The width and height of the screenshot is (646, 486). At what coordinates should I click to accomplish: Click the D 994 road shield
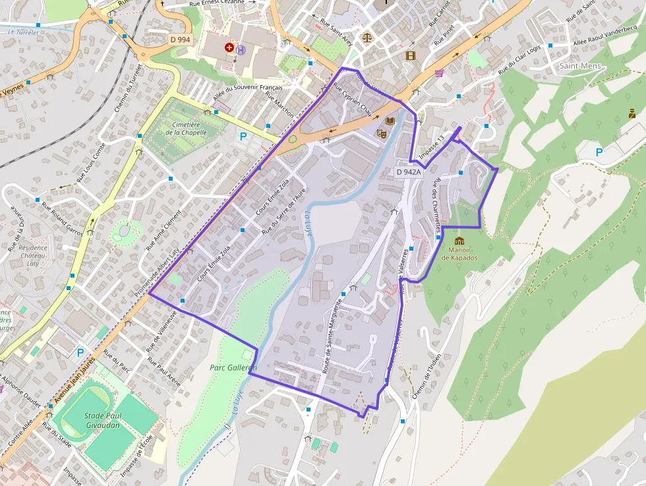click(180, 40)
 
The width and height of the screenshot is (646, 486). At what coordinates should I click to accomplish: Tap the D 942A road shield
click(408, 172)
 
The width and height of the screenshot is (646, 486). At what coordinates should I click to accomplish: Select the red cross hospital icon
click(229, 47)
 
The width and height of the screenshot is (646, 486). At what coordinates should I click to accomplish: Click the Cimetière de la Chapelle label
click(186, 128)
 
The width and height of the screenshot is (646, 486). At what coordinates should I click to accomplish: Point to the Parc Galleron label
click(233, 367)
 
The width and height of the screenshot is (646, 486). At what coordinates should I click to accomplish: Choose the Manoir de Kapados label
click(459, 254)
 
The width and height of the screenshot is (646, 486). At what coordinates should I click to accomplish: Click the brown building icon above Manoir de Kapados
click(459, 241)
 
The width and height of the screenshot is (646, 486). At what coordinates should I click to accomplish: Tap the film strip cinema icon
click(411, 55)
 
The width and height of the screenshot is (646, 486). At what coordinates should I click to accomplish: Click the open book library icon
click(390, 121)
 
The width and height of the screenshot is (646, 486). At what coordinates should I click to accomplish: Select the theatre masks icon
click(381, 133)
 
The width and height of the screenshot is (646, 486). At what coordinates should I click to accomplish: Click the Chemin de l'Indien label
click(426, 377)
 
